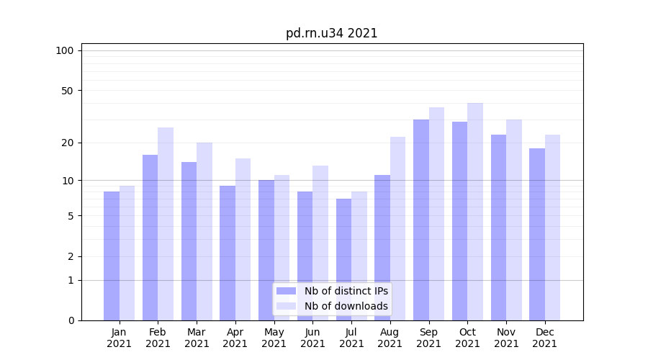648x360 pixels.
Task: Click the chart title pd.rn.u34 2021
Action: tap(331, 33)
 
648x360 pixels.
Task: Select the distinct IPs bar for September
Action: tap(421, 220)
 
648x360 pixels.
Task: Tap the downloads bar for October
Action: tap(475, 212)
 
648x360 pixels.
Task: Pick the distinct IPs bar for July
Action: tap(343, 259)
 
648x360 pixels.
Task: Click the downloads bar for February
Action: tap(166, 224)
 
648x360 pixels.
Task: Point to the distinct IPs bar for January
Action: tap(112, 256)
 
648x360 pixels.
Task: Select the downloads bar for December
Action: tap(552, 228)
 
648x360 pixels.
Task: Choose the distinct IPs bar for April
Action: tap(228, 253)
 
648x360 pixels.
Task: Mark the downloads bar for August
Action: tap(398, 228)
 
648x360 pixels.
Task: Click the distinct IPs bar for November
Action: tap(498, 228)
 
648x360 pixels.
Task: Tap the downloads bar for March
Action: tap(204, 231)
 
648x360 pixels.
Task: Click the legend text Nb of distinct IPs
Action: tap(346, 291)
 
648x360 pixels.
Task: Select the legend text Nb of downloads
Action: tap(346, 306)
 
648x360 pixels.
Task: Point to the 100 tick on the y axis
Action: tap(65, 50)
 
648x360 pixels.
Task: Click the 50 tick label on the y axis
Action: tap(68, 91)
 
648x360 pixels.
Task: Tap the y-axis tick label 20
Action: tap(68, 143)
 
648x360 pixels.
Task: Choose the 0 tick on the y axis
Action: tap(71, 320)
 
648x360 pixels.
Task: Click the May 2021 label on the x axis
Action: tap(274, 338)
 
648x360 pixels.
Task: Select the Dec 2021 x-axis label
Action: tap(545, 338)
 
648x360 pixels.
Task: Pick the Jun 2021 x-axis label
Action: tap(312, 338)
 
